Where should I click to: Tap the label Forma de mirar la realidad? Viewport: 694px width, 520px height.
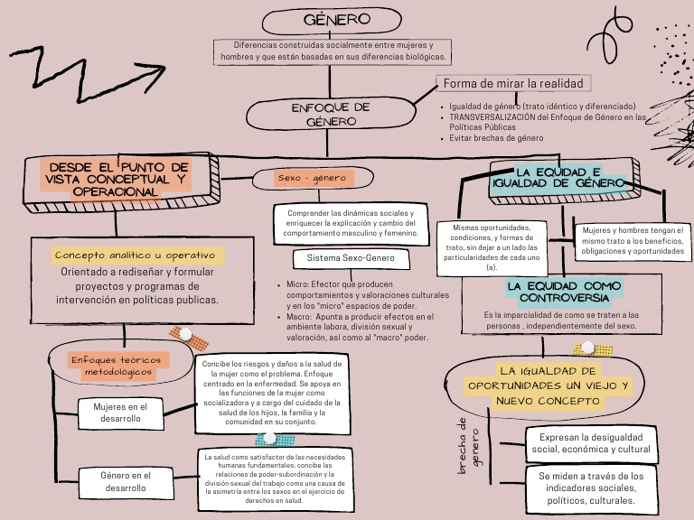[x=512, y=83]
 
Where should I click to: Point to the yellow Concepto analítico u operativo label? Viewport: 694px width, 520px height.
[x=138, y=255]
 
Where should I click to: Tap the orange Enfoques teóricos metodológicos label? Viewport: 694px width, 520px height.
[x=119, y=366]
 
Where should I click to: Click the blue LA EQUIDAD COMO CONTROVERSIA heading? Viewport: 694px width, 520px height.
[x=564, y=291]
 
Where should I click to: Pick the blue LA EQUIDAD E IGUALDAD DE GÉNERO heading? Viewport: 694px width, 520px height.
[x=558, y=177]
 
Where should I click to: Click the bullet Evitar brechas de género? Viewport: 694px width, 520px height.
[x=496, y=138]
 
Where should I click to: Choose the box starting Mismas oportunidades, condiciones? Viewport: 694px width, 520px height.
[x=492, y=247]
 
